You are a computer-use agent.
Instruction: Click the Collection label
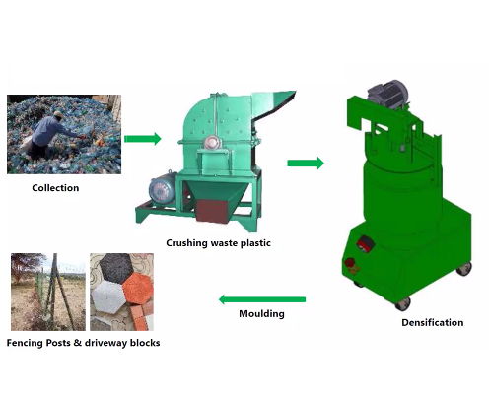tap(55, 188)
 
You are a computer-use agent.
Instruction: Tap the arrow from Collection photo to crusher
tap(143, 139)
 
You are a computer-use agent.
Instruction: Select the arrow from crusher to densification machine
tap(306, 163)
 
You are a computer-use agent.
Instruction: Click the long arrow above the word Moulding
tap(262, 299)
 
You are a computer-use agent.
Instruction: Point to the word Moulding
tap(261, 314)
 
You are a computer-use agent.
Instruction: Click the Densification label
tap(433, 322)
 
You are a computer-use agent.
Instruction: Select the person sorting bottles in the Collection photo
tap(49, 135)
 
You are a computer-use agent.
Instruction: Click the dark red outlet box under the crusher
tap(212, 211)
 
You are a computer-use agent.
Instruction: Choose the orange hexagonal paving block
tap(138, 289)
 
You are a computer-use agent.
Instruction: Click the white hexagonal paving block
tap(107, 296)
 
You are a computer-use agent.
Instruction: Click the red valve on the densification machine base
tap(350, 265)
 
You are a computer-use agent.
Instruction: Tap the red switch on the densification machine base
tap(366, 244)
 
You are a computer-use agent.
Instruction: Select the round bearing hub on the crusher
tap(210, 143)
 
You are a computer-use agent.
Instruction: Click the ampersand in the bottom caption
tap(78, 343)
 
